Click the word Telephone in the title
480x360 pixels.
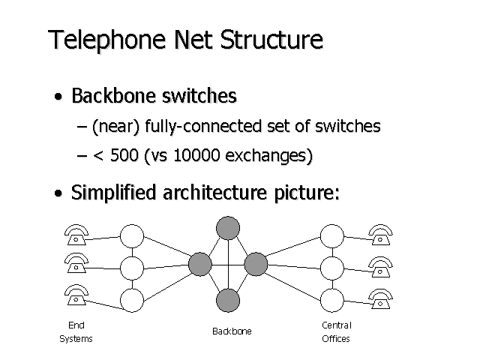(100, 40)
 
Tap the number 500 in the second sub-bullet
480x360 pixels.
(125, 156)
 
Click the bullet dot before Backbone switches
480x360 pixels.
(58, 98)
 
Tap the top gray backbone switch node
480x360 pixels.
(228, 227)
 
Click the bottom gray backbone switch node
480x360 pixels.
(228, 301)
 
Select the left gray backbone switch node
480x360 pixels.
(200, 264)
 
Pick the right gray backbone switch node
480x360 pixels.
(256, 264)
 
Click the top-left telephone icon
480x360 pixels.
(75, 235)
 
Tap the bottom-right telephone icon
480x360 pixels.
(380, 298)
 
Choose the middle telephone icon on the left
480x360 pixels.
(75, 266)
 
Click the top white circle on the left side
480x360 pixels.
(131, 235)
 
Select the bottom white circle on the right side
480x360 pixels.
(331, 300)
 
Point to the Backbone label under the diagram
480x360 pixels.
(232, 331)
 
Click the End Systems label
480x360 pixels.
(76, 331)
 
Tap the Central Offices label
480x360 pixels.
(336, 331)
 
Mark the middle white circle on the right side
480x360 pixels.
(331, 268)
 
